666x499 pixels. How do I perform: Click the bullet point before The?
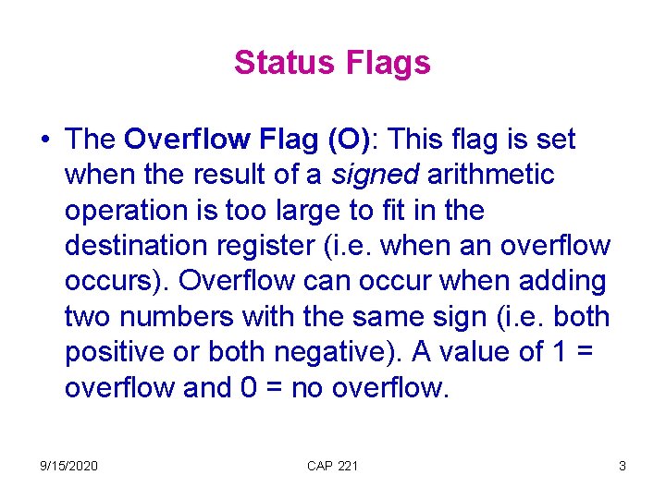[x=44, y=140]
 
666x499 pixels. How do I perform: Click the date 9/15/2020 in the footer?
[x=68, y=466]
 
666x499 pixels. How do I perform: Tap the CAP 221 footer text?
[x=332, y=466]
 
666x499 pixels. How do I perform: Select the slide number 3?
[x=623, y=466]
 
